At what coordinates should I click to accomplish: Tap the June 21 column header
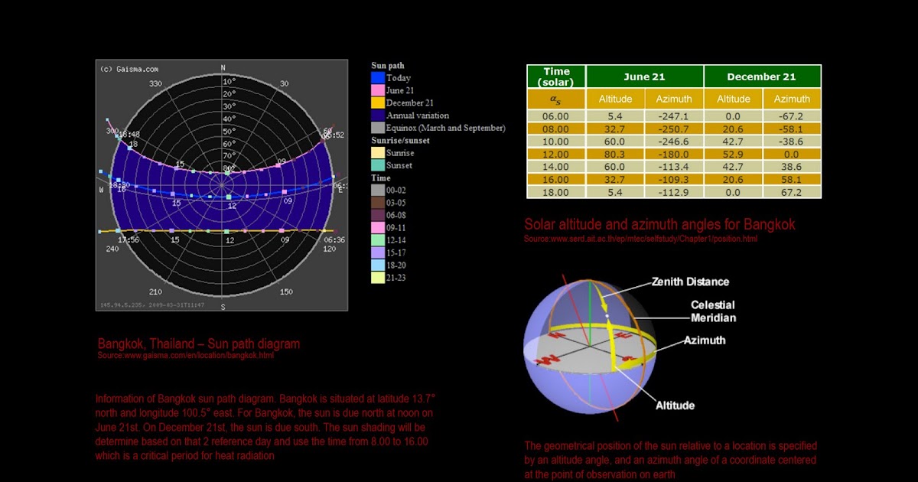click(x=645, y=77)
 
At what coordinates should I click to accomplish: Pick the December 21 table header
click(x=761, y=77)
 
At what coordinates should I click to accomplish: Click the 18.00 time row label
click(x=555, y=192)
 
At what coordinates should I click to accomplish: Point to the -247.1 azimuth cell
click(x=674, y=116)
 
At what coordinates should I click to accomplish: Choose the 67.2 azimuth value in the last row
click(x=792, y=192)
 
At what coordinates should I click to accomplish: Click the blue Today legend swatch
click(x=377, y=78)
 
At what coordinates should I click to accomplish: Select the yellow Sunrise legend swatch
click(x=377, y=153)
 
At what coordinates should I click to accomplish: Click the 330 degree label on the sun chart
click(x=155, y=84)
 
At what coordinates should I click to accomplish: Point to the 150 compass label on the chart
click(x=285, y=292)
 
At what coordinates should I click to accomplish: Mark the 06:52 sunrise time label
click(x=334, y=135)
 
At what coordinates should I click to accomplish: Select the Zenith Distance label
click(x=690, y=282)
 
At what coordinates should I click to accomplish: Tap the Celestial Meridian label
click(x=713, y=311)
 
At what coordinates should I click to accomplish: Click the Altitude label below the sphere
click(x=675, y=405)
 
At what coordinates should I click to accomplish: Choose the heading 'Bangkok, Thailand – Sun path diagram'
click(x=199, y=344)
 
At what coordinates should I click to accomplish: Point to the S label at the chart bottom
click(x=223, y=307)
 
